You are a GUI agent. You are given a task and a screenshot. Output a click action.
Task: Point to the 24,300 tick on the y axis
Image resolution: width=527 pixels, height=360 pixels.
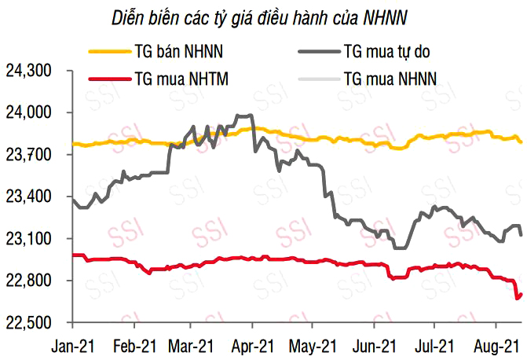point(28,71)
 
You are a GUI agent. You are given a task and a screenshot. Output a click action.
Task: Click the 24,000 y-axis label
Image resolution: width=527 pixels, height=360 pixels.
point(28,113)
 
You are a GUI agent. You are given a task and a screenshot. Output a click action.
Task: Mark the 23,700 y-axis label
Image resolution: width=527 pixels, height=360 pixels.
point(28,155)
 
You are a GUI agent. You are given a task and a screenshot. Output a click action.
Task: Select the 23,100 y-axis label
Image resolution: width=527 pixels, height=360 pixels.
point(28,239)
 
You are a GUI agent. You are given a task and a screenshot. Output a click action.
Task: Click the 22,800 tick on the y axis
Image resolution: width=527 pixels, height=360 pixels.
point(28,281)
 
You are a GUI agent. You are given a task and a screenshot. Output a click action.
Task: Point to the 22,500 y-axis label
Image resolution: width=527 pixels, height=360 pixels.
point(28,322)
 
